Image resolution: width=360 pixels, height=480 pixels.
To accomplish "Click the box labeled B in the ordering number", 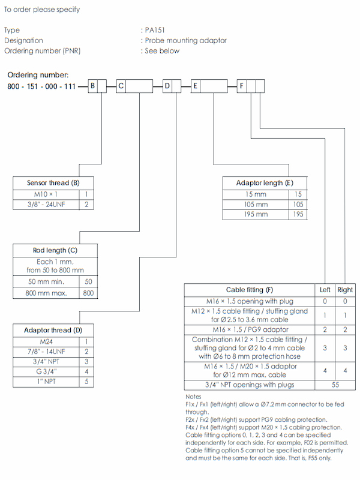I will (x=93, y=86).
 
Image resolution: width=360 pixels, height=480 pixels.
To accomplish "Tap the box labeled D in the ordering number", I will (x=167, y=86).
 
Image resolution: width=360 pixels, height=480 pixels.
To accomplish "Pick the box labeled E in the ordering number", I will (x=195, y=86).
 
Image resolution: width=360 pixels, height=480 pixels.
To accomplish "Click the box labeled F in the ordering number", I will (x=242, y=86).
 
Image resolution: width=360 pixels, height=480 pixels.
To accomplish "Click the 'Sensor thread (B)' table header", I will (x=53, y=183).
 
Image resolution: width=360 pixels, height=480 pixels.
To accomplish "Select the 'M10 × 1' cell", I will (x=46, y=194).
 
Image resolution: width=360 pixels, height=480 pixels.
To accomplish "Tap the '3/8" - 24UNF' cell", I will (x=46, y=205).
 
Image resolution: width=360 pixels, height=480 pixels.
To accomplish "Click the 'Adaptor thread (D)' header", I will (x=53, y=330).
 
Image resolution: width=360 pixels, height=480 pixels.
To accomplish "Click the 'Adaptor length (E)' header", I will (x=264, y=183).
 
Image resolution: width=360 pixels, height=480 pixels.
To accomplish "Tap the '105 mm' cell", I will (x=256, y=204).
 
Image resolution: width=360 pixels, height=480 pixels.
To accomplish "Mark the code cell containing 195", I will (x=298, y=214).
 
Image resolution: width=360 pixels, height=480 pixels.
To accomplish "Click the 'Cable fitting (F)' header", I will (x=250, y=290).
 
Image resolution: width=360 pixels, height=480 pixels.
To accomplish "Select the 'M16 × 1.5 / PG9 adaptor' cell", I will (x=250, y=330).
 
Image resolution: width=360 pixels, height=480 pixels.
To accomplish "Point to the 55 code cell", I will (x=335, y=385).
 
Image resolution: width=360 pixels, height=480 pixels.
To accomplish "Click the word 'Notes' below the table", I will (x=193, y=397).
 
